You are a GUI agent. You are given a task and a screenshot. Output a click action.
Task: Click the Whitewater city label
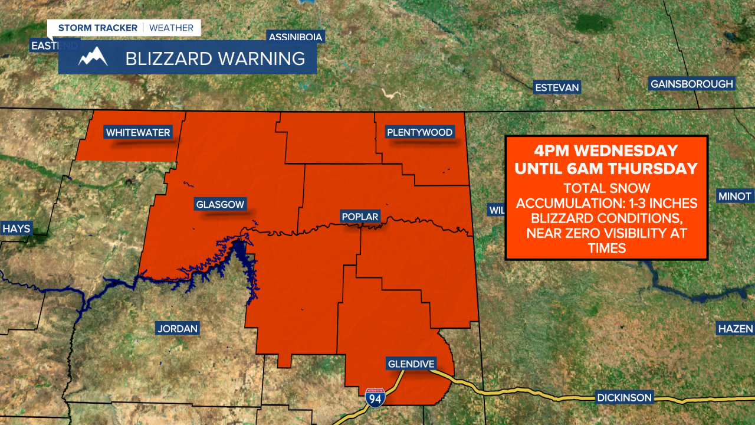coord(138,132)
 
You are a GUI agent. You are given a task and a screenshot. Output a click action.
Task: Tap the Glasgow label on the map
coord(219,205)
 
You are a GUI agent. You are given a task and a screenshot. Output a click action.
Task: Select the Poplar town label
coord(360,217)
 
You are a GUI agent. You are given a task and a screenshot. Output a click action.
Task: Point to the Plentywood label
coord(420,132)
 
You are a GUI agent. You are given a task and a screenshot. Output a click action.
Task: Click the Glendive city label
coord(411,364)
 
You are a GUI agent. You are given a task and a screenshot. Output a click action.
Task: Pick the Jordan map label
coord(177,328)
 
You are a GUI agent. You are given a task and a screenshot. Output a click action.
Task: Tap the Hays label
coord(16,228)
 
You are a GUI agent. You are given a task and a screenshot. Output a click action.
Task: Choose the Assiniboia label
coord(296,37)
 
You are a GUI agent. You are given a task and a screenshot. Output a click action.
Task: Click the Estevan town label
coord(557,87)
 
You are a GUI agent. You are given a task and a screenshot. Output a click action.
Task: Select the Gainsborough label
coord(691,84)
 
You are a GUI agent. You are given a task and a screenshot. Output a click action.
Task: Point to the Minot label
coord(734,196)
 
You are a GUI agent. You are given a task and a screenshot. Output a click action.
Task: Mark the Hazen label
coord(735,328)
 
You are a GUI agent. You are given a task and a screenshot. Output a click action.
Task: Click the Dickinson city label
coord(623,397)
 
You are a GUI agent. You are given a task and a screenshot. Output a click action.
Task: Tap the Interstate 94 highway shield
coord(375,398)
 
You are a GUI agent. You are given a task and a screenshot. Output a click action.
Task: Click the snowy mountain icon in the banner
coord(93,57)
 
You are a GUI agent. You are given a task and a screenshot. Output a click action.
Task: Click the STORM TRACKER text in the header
coord(98,28)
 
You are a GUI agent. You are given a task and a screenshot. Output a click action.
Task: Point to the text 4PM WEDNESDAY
coord(606,151)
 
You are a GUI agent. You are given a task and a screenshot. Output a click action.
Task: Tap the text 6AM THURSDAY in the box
coord(641,169)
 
